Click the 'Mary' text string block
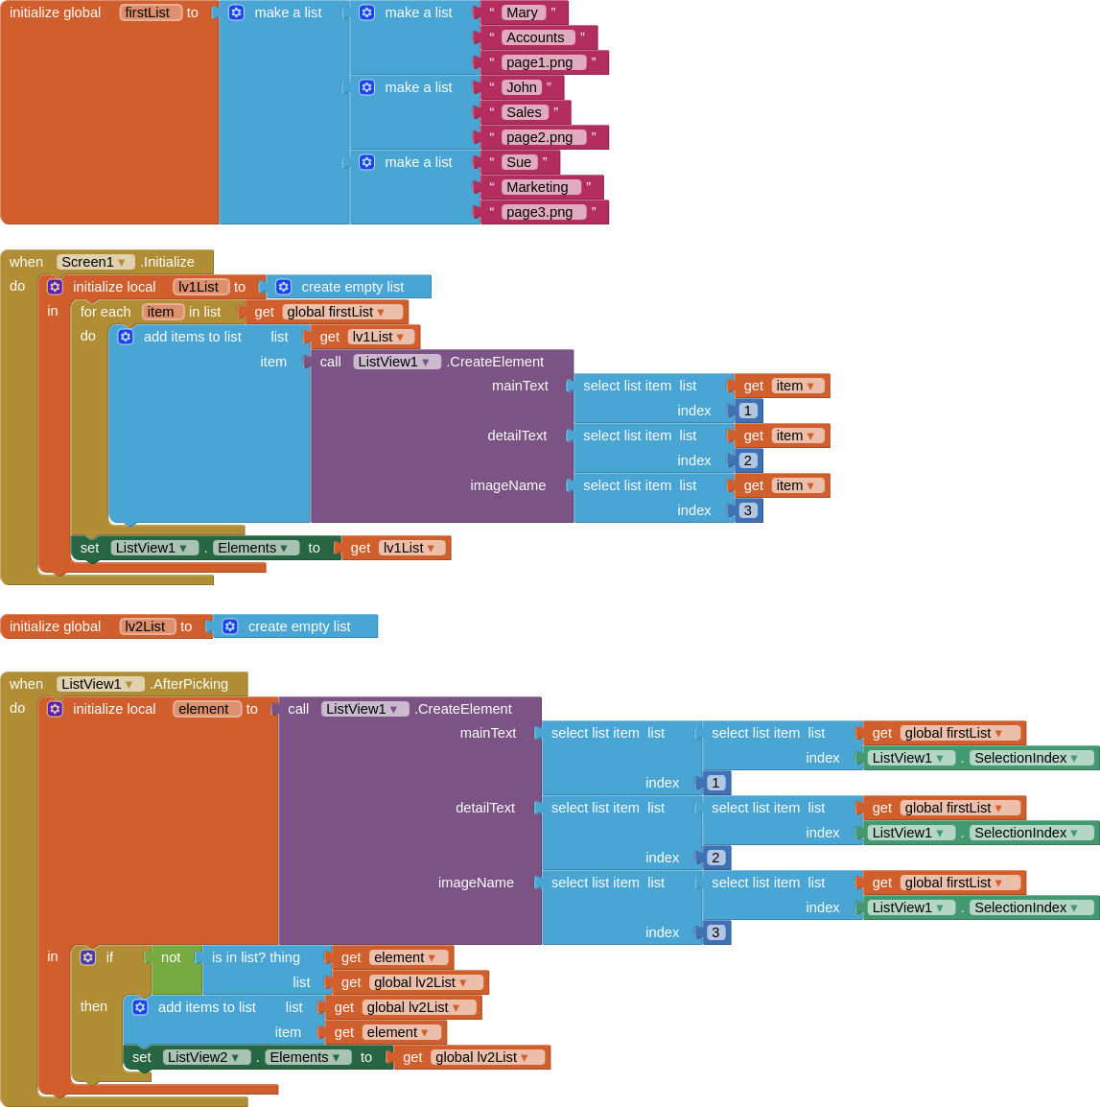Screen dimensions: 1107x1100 tap(523, 12)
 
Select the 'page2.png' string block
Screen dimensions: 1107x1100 tap(541, 137)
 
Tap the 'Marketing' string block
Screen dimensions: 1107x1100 tap(539, 187)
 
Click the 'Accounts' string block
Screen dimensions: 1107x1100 tap(536, 37)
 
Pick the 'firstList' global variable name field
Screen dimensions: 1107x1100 tap(150, 12)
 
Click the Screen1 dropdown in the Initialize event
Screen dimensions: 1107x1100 tap(95, 262)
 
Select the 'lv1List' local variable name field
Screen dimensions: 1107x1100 tap(199, 287)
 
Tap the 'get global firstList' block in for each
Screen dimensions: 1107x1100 tap(329, 312)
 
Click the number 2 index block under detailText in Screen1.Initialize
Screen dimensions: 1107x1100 tap(748, 460)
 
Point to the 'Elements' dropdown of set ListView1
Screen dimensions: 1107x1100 tap(254, 548)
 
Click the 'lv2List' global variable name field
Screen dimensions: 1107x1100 tap(147, 626)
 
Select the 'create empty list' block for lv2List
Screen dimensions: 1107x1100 tap(297, 626)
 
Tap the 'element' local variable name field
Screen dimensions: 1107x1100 tap(206, 709)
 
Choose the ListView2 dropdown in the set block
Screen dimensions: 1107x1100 tap(205, 1057)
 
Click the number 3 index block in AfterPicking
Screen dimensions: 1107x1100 tap(716, 932)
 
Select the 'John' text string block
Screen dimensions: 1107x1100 tap(523, 87)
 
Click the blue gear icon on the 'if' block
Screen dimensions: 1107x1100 tap(88, 957)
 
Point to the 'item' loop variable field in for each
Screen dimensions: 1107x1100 tap(162, 312)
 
